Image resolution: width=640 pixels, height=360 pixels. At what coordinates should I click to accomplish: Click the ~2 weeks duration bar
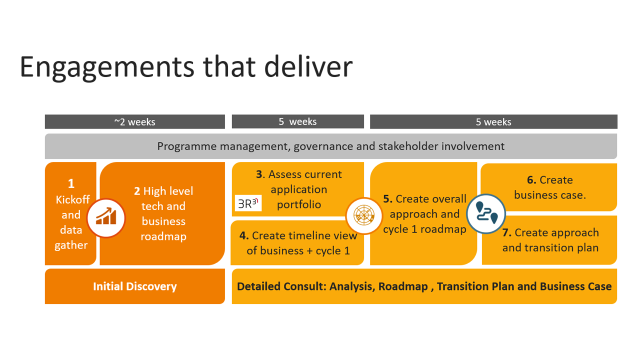click(x=134, y=122)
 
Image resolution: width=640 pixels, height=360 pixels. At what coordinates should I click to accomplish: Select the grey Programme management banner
click(x=330, y=146)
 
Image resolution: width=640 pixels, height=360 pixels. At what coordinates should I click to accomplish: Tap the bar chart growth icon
click(x=106, y=218)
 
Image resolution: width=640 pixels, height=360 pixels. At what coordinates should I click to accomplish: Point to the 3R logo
click(x=248, y=203)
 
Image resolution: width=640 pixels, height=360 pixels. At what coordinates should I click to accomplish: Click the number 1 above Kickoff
click(x=71, y=184)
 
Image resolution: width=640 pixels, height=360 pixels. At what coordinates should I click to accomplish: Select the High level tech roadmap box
click(x=163, y=213)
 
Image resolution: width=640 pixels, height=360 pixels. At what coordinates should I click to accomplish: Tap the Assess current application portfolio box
click(x=298, y=189)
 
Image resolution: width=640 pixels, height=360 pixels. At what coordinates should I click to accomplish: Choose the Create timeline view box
click(x=298, y=243)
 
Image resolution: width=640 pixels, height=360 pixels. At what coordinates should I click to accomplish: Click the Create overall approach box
click(x=424, y=214)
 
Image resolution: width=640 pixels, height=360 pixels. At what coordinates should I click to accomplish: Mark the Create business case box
click(x=549, y=187)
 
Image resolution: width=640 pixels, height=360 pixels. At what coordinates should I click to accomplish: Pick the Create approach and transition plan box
click(x=550, y=240)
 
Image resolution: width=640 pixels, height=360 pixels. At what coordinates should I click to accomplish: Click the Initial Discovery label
click(x=134, y=286)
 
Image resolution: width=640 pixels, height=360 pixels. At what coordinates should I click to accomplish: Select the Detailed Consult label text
click(x=424, y=286)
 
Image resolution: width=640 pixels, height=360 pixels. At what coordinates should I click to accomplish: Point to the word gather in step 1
click(x=71, y=245)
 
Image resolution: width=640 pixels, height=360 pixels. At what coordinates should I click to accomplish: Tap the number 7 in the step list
click(x=506, y=232)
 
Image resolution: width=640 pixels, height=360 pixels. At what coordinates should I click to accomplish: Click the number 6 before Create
click(x=531, y=180)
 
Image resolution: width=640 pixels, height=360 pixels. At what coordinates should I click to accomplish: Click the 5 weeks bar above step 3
click(x=297, y=121)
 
